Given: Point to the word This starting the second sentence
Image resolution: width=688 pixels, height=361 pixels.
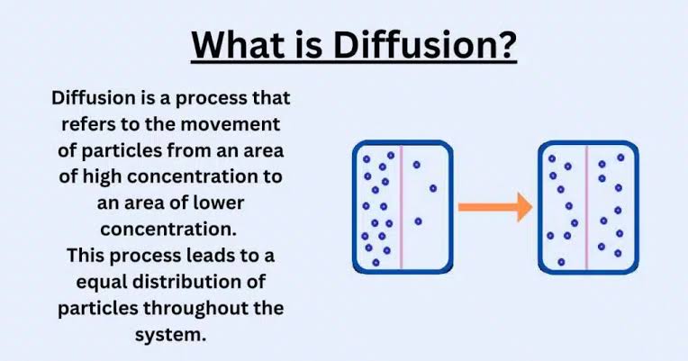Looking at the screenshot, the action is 86,256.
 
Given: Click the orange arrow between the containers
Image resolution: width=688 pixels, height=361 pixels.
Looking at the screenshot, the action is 495,206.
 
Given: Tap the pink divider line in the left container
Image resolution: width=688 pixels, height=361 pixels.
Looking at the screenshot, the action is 401,207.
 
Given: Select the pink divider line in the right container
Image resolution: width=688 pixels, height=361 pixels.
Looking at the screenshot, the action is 586,207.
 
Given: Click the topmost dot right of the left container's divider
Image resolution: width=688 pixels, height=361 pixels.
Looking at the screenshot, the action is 416,165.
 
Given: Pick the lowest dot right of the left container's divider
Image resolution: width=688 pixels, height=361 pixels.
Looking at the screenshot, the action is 418,222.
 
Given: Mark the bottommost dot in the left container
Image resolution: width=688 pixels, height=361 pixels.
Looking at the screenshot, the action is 376,262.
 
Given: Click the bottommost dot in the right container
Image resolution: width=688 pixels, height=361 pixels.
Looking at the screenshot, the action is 561,262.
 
